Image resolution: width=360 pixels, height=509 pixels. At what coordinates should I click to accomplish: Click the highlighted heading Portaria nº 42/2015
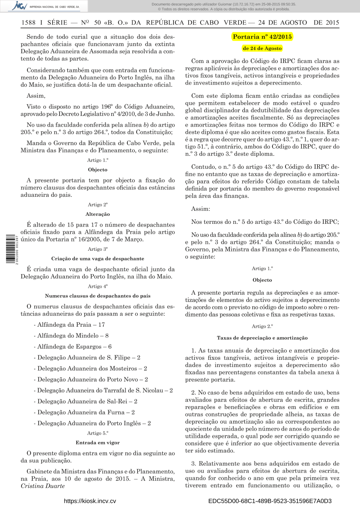[x=262, y=37]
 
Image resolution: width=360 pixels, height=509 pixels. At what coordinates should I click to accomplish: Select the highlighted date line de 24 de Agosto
[x=262, y=48]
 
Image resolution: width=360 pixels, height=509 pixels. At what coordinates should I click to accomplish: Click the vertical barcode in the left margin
[x=12, y=249]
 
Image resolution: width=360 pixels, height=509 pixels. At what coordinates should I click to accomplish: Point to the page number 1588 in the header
[x=28, y=23]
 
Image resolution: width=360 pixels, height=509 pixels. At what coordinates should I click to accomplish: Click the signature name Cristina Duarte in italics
[x=43, y=486]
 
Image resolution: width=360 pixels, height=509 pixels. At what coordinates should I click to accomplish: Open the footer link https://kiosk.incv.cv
[x=90, y=501]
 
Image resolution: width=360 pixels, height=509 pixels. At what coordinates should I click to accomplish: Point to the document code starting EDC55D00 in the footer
[x=270, y=501]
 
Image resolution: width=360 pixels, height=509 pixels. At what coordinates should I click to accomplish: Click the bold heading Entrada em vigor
[x=98, y=442]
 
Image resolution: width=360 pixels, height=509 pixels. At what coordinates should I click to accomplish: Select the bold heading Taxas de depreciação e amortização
[x=262, y=338]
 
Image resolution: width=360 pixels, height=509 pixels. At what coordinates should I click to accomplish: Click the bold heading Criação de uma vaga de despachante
[x=98, y=258]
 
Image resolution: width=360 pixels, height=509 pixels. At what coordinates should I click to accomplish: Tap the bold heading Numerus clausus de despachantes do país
[x=98, y=296]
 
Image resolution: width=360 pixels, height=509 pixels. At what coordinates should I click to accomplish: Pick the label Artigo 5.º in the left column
[x=98, y=433]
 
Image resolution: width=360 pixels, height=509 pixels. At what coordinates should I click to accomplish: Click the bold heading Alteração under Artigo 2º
[x=98, y=214]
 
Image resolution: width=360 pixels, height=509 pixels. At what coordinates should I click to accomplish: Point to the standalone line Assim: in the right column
[x=201, y=209]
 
